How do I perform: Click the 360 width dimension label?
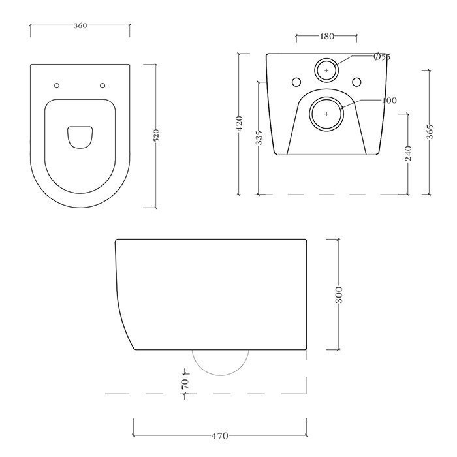click(80, 25)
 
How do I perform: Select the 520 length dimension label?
click(156, 136)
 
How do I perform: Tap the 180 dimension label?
click(326, 37)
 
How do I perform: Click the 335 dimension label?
click(259, 138)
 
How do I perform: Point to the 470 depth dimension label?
click(220, 436)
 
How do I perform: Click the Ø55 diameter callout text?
click(381, 57)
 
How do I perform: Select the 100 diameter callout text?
click(390, 101)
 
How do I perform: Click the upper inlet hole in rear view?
click(326, 70)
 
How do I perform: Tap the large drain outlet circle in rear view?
click(326, 112)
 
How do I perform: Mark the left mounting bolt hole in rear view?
click(296, 82)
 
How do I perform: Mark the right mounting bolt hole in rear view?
click(356, 82)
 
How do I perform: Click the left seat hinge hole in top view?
click(57, 86)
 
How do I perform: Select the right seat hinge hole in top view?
click(102, 86)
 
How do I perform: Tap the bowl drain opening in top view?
click(80, 136)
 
